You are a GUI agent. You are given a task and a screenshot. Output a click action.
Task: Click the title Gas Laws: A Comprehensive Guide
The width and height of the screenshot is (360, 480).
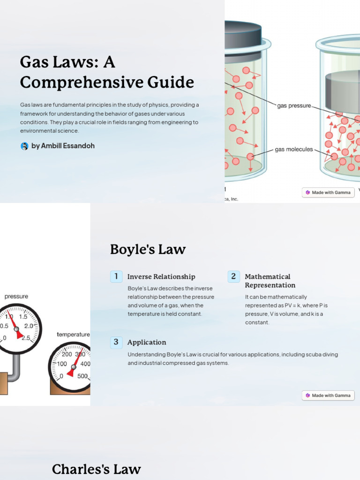(x=107, y=72)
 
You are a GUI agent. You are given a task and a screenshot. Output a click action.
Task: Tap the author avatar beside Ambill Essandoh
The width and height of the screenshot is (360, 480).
(x=24, y=146)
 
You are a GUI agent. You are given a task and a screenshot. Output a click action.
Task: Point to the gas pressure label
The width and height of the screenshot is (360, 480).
(x=294, y=106)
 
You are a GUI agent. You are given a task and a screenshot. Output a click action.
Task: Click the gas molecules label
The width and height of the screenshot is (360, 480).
(x=294, y=150)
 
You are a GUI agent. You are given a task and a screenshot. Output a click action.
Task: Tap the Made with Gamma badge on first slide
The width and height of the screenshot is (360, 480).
(x=328, y=192)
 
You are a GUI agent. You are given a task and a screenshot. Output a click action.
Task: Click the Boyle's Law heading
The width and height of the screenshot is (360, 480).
(x=148, y=249)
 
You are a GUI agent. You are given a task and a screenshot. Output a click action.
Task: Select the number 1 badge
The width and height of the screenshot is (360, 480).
(x=116, y=277)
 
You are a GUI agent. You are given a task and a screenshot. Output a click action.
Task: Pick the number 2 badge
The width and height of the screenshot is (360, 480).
(x=233, y=277)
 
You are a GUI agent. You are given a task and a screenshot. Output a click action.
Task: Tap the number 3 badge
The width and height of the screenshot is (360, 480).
(x=116, y=342)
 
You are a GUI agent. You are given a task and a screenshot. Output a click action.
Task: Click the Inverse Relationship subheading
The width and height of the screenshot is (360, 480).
(x=161, y=277)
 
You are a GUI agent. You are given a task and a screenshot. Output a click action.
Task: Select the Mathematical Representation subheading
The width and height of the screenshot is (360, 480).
(x=270, y=281)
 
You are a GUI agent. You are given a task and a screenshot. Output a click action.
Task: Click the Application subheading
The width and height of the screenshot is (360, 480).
(x=147, y=342)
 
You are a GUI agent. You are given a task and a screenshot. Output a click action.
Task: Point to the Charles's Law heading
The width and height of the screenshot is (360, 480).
(x=96, y=469)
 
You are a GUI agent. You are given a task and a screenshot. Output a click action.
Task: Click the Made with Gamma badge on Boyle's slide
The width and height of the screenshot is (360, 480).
(x=328, y=396)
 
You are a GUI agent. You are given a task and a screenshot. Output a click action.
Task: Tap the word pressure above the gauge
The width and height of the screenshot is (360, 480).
(x=16, y=296)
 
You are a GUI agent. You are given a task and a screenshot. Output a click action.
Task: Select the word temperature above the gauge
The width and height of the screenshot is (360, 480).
(x=73, y=334)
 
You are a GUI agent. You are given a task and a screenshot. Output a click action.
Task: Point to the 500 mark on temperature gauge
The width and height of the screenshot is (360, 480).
(x=82, y=376)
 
